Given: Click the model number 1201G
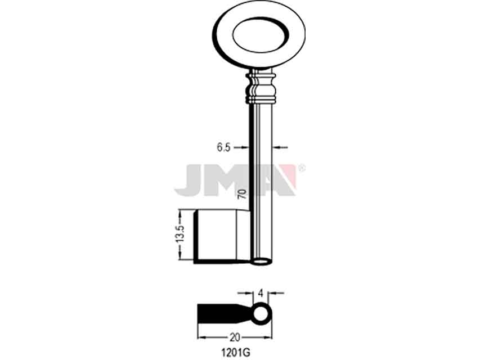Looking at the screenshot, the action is point(236,353).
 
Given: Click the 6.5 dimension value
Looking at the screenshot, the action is point(223,147).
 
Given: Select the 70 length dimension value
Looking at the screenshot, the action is point(242,194).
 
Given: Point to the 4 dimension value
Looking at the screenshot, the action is point(261,293).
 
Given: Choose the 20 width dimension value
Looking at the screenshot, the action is point(235,337).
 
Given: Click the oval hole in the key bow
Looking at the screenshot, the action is point(260,34).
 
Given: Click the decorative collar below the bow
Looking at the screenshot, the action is point(261,88).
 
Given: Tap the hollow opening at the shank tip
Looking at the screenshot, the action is point(261,262).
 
